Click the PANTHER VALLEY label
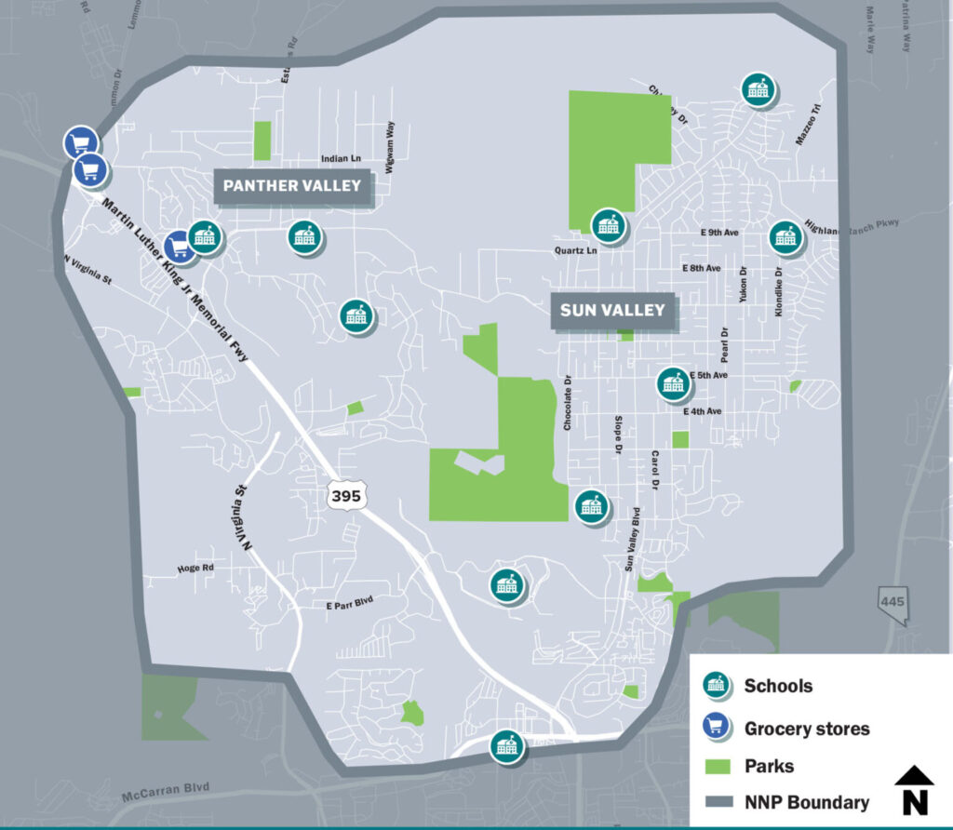click(292, 186)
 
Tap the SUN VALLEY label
click(613, 310)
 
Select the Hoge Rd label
click(195, 568)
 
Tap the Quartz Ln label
click(574, 250)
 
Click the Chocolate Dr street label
click(567, 402)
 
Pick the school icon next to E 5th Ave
click(673, 383)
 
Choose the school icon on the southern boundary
click(506, 745)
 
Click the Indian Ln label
click(340, 160)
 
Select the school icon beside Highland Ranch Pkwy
click(785, 236)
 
